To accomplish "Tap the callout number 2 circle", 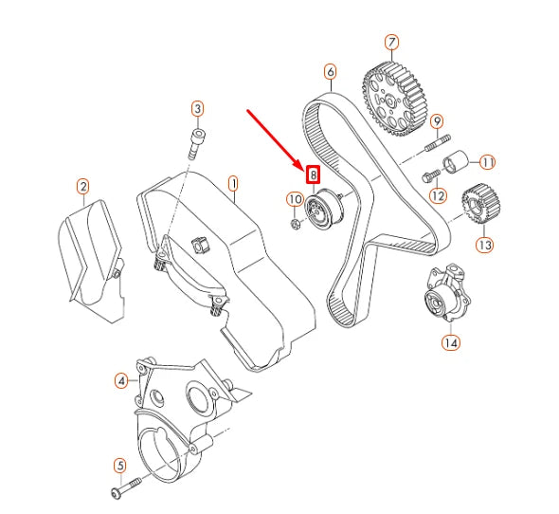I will pyautogui.click(x=83, y=187).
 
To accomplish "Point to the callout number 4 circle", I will pyautogui.click(x=121, y=381).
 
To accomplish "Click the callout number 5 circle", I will pyautogui.click(x=119, y=465).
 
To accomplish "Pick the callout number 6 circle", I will pyautogui.click(x=330, y=71).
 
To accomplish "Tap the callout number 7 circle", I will pyautogui.click(x=391, y=42).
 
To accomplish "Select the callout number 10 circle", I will pyautogui.click(x=294, y=199).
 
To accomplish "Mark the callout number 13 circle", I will pyautogui.click(x=484, y=245).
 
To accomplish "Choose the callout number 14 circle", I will pyautogui.click(x=449, y=342).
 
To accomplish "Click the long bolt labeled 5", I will pyautogui.click(x=126, y=488).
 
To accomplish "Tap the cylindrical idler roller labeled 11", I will pyautogui.click(x=460, y=162).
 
